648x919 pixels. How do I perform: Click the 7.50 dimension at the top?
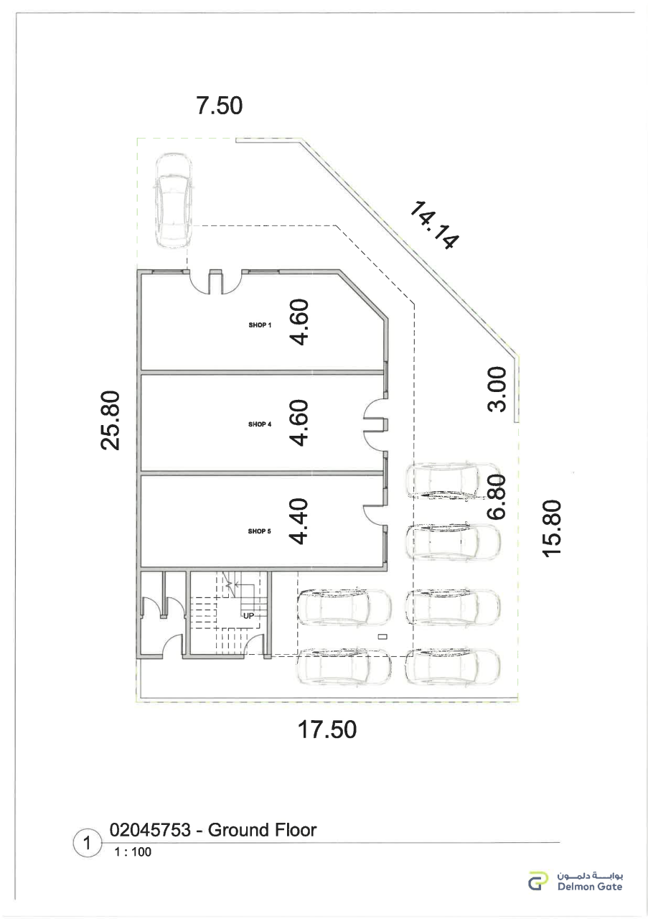click(220, 106)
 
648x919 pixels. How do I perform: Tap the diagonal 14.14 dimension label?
click(433, 225)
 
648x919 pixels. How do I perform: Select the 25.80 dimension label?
click(111, 420)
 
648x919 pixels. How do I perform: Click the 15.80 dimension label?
click(552, 528)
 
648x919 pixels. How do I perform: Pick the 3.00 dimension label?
click(497, 389)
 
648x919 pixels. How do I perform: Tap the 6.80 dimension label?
click(497, 496)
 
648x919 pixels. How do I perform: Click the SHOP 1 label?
click(260, 325)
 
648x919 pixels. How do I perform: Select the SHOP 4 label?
click(260, 424)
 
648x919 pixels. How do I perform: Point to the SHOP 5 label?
click(259, 531)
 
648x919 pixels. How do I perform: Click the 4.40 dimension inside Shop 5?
click(299, 521)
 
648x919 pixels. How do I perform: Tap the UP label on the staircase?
click(248, 615)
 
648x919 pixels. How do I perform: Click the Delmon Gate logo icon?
click(538, 881)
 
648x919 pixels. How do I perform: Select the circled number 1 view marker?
click(87, 844)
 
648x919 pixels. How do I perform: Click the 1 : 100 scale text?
click(133, 852)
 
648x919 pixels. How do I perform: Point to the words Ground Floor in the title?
click(263, 830)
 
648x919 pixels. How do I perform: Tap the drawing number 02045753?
click(150, 830)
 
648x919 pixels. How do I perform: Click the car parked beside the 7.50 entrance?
click(174, 200)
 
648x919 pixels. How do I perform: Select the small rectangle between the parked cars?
click(383, 636)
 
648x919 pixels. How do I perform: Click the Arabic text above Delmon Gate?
click(590, 875)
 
